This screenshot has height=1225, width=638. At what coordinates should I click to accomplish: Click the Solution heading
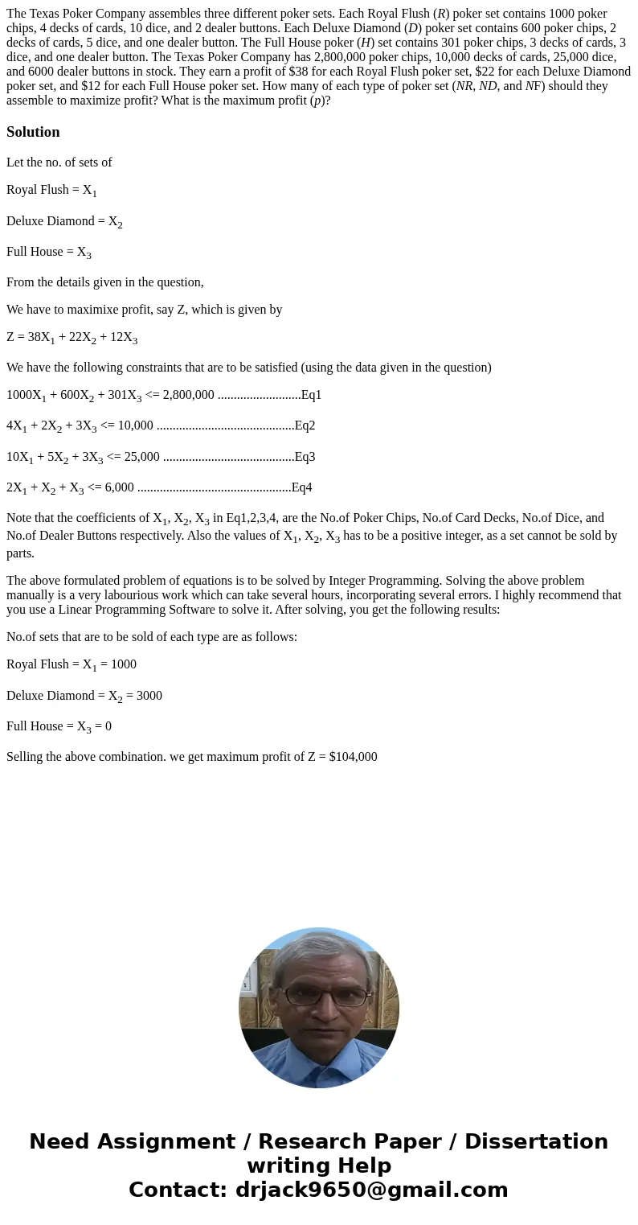pyautogui.click(x=33, y=132)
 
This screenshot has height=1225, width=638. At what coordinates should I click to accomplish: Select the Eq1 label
pyautogui.click(x=311, y=395)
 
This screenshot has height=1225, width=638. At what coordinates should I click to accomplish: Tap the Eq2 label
pyautogui.click(x=305, y=425)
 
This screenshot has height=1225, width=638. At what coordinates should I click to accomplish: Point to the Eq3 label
pyautogui.click(x=305, y=457)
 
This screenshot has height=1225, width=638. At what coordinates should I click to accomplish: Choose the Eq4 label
pyautogui.click(x=301, y=487)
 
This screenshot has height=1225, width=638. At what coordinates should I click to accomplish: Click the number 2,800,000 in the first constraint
pyautogui.click(x=188, y=395)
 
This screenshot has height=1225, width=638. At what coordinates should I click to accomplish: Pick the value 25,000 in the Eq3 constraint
pyautogui.click(x=140, y=457)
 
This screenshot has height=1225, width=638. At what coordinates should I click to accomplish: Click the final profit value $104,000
pyautogui.click(x=353, y=757)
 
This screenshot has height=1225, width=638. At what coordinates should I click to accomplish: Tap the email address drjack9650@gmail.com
pyautogui.click(x=371, y=1190)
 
